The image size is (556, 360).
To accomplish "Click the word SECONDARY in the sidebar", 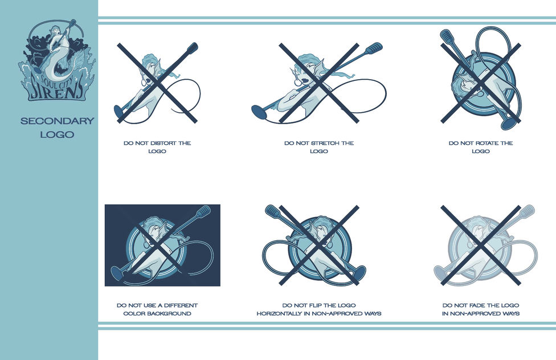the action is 57,121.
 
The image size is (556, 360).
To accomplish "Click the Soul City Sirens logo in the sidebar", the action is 57,60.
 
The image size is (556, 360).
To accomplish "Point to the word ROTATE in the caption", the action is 487,144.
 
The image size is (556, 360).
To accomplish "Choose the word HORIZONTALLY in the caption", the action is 279,313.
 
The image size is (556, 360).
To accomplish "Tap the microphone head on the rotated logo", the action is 445,36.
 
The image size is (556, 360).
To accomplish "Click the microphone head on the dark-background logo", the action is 205,211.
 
